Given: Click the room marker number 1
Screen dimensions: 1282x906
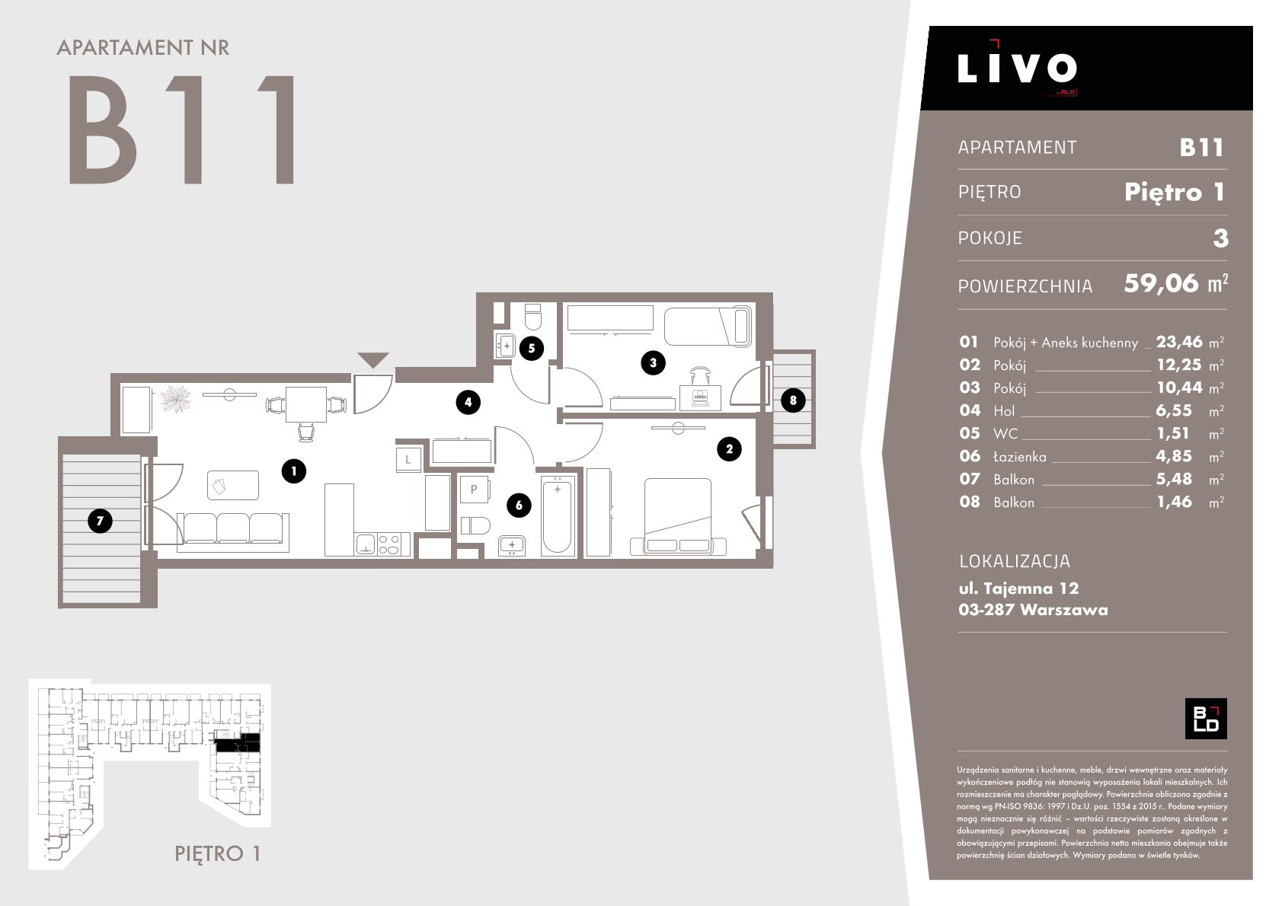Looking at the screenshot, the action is tap(293, 471).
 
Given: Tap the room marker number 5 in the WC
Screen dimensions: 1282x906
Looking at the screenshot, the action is tap(531, 348).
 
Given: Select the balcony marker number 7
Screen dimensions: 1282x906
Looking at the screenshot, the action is tap(100, 521).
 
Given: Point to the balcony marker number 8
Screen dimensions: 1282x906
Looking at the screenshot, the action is tap(793, 400).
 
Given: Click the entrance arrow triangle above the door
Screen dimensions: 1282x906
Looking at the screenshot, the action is tap(373, 359).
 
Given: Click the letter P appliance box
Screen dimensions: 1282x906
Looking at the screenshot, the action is tap(474, 489).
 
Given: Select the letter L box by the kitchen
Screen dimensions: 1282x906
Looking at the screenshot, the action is tap(408, 459).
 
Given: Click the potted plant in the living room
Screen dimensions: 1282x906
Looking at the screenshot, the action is tap(175, 399).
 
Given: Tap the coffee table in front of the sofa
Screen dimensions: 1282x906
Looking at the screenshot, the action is tap(233, 485).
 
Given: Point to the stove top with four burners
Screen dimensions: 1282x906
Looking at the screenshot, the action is tap(388, 544).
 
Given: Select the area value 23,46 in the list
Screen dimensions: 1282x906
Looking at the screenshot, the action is tap(1179, 342).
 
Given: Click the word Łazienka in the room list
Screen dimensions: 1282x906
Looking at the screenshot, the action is tap(1020, 457).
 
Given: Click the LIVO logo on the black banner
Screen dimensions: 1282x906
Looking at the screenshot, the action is tap(1017, 68).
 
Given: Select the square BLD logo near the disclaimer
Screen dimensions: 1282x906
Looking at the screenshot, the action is tap(1206, 719).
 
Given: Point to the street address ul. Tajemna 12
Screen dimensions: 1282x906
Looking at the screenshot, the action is tap(1018, 588).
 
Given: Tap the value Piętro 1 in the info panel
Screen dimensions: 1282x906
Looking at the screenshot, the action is tap(1174, 192).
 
